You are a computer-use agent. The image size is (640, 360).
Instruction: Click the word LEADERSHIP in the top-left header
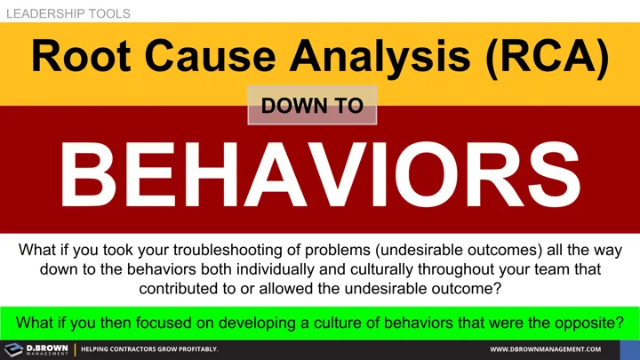tap(41, 13)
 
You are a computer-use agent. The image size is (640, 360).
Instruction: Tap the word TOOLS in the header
tap(107, 13)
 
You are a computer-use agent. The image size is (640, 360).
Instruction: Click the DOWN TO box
tap(313, 106)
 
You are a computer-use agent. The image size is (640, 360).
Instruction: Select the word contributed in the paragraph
tap(179, 289)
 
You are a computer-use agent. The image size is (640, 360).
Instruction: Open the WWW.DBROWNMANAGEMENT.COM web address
tap(546, 349)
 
